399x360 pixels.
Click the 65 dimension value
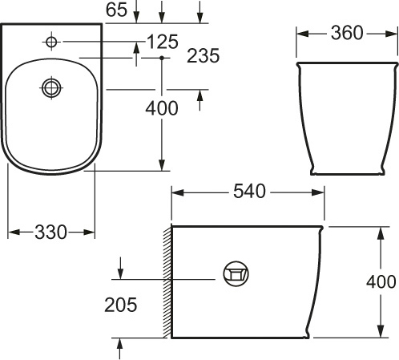click(x=118, y=10)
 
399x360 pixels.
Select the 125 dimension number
click(x=163, y=41)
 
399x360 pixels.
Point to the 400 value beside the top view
click(x=162, y=109)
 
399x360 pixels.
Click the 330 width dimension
click(x=51, y=232)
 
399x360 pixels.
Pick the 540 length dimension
click(x=248, y=192)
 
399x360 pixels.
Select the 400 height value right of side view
click(x=381, y=281)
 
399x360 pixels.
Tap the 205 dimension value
click(x=120, y=305)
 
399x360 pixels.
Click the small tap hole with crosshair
click(x=52, y=41)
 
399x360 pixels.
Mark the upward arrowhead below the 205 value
click(x=120, y=342)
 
